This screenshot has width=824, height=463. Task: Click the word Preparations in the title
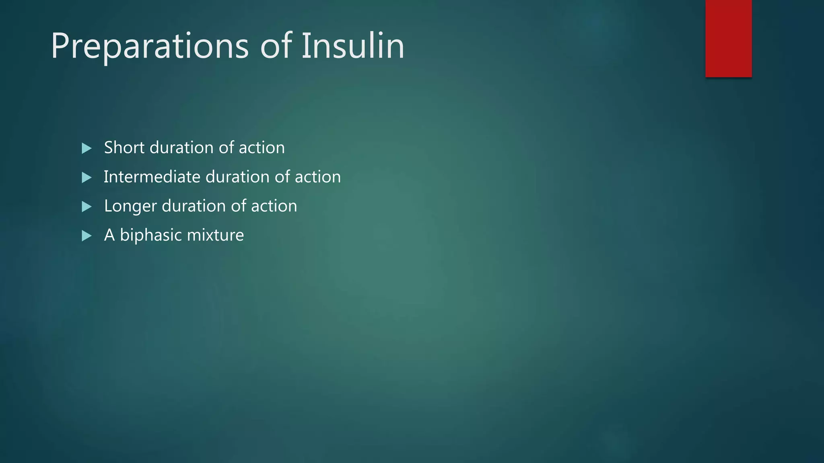coord(150,47)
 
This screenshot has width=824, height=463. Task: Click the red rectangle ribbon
coord(728,39)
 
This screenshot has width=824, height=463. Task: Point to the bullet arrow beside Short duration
coord(87,148)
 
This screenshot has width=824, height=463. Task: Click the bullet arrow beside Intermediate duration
coord(87,177)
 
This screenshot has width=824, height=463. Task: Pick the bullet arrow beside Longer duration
coord(87,207)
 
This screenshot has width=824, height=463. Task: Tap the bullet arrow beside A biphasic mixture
coord(87,236)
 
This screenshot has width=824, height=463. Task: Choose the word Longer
coord(130,206)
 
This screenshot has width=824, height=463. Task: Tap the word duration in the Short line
coord(181,148)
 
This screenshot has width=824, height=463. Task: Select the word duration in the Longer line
coord(194,206)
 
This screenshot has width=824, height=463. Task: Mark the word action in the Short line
coord(262,148)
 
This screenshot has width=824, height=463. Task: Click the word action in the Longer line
coord(274,206)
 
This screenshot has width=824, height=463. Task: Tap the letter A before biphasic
coord(109,235)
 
